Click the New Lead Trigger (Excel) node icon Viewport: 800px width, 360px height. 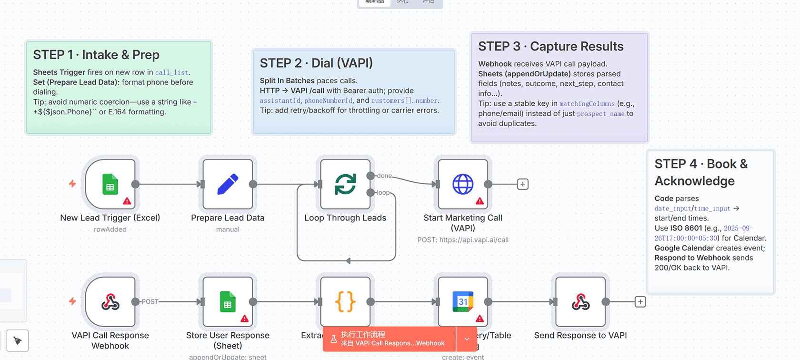(x=110, y=184)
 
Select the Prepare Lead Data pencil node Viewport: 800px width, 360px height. (x=228, y=184)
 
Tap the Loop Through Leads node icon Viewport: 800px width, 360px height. (x=345, y=184)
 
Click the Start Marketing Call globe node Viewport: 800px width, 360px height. (x=463, y=184)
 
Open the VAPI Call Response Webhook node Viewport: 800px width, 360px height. (x=110, y=302)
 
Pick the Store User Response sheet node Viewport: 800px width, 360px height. (x=228, y=302)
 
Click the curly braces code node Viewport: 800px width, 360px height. (x=345, y=302)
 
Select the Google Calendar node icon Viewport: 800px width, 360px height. (x=463, y=302)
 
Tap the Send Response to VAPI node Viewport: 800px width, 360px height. (x=580, y=302)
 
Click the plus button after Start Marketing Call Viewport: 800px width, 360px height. (x=523, y=184)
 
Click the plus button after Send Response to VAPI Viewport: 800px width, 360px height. (x=640, y=302)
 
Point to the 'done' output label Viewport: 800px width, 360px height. (x=384, y=176)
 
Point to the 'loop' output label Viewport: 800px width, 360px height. (x=383, y=193)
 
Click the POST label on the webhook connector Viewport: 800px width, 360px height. (x=150, y=302)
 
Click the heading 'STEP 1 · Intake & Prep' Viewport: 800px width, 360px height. (x=96, y=55)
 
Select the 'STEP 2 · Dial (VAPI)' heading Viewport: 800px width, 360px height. (x=316, y=63)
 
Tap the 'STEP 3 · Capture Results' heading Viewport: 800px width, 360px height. (x=550, y=46)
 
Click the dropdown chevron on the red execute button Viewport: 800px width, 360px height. (x=467, y=339)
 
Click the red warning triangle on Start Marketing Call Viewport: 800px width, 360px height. (x=480, y=201)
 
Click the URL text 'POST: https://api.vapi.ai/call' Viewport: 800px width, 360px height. (x=463, y=240)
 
